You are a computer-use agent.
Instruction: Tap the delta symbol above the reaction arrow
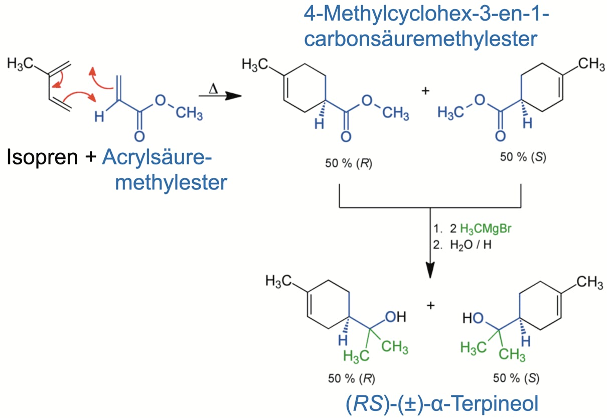tap(213, 88)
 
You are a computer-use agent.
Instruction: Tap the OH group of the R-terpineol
tap(395, 317)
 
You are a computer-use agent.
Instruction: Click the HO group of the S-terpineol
tap(472, 317)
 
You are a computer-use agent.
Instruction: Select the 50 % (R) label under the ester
tap(349, 164)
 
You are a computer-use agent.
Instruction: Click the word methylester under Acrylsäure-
tap(171, 182)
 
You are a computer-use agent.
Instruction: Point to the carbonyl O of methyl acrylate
tap(139, 136)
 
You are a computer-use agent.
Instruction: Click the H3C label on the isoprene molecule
tap(21, 64)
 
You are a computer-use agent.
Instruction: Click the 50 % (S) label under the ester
tap(523, 157)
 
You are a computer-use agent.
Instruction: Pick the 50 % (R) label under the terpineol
tap(351, 378)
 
